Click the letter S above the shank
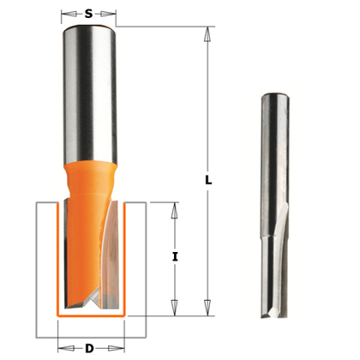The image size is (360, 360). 89,14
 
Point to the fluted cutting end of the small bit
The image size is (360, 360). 272,257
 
